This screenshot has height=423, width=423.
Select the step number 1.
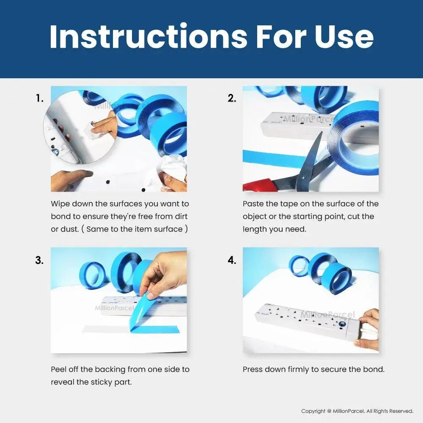click(x=39, y=98)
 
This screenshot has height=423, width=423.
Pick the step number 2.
click(x=232, y=98)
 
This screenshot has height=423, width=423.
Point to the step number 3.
click(x=39, y=260)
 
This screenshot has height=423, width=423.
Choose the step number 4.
click(x=232, y=260)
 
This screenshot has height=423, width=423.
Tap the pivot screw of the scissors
click(x=304, y=178)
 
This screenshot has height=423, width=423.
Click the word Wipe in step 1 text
click(x=60, y=204)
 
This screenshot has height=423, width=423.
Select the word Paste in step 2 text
click(x=253, y=204)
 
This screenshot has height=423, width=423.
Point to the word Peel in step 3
click(x=58, y=369)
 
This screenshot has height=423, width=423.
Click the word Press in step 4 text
click(x=253, y=369)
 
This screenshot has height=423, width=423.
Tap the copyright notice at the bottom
click(x=357, y=411)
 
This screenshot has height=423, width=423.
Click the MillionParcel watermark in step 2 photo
click(x=310, y=118)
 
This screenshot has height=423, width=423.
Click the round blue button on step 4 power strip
click(x=342, y=324)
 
